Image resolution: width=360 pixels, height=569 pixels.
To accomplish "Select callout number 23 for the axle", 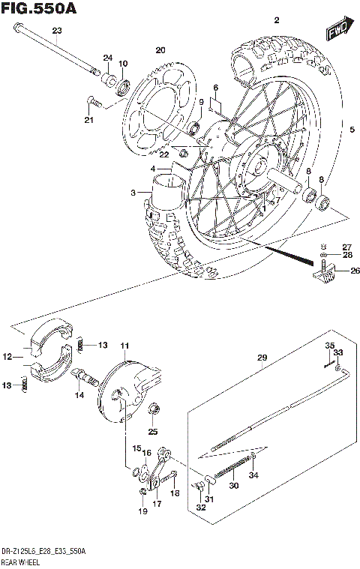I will point(57,30).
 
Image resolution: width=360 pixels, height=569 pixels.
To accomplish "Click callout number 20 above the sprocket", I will point(159,50).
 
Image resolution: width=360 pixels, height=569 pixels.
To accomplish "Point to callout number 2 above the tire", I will point(276,19).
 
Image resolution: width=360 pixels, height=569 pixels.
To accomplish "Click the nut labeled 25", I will point(154,409).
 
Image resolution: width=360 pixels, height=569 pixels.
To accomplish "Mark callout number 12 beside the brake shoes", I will point(7,357).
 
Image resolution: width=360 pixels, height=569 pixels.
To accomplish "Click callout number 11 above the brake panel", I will point(124,346).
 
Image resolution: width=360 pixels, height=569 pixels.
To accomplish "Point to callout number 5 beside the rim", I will point(351,128).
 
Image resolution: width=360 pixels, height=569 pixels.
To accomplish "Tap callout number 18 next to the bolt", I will point(175,493).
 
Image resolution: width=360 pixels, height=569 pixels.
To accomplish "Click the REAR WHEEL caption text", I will point(22,560).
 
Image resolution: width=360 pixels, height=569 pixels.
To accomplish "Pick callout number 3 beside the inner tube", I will point(133,193).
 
